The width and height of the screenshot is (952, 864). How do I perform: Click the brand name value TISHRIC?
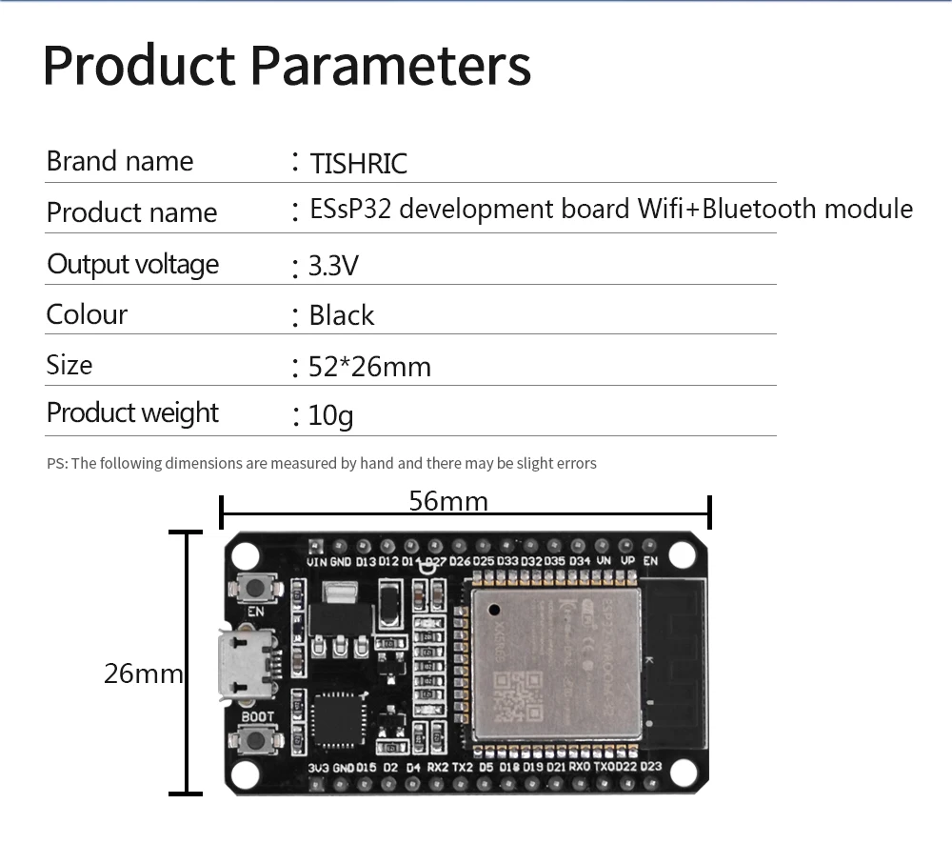[x=359, y=164]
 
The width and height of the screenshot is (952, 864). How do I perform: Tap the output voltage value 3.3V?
[x=333, y=265]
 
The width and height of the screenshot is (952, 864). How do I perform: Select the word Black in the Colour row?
[x=342, y=315]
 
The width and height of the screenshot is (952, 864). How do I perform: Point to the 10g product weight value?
[x=331, y=415]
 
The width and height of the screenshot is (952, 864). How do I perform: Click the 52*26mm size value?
[x=370, y=367]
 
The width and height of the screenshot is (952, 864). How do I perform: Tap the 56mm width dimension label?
[x=448, y=501]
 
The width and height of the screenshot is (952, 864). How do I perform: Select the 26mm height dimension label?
[x=143, y=673]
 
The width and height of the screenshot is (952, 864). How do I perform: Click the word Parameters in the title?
[x=390, y=65]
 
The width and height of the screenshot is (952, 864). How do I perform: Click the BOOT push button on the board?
[x=255, y=739]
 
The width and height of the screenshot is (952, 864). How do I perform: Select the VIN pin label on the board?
[x=317, y=562]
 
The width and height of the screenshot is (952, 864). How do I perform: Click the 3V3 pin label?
[x=318, y=767]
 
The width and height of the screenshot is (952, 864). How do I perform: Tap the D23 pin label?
[x=651, y=767]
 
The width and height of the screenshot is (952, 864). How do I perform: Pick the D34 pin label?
[x=580, y=562]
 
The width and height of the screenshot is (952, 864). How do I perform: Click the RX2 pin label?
[x=438, y=767]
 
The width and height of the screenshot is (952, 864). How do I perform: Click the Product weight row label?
[x=132, y=412]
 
